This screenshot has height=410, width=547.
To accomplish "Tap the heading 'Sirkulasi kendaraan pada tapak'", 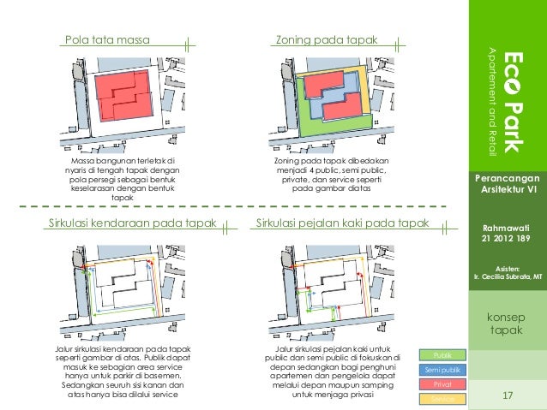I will (x=129, y=225).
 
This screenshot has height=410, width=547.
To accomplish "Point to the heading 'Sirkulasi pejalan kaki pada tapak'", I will (x=342, y=225).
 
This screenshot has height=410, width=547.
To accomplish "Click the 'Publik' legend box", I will (x=443, y=354).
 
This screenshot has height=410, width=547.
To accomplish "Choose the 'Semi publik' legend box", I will (x=443, y=370).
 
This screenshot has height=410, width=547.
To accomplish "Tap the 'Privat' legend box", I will (x=443, y=385).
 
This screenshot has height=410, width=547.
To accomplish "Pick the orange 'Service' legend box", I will (x=443, y=400).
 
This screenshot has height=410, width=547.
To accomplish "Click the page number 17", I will (x=507, y=395).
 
